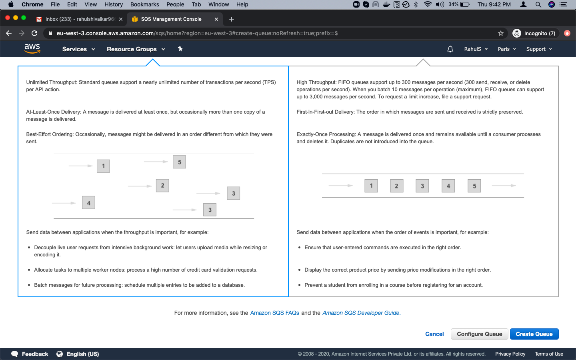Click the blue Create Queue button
(x=534, y=334)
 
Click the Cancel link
(x=434, y=334)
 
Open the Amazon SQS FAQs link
(x=274, y=313)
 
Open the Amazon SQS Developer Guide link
(x=361, y=313)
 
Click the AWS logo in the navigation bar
(x=32, y=49)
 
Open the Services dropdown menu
(x=78, y=49)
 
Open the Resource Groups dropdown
(x=136, y=49)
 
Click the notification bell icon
(x=450, y=49)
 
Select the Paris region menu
(x=507, y=49)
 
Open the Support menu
(x=539, y=49)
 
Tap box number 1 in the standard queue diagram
(x=103, y=166)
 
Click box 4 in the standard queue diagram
(x=88, y=203)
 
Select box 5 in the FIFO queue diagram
(x=474, y=186)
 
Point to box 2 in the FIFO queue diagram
(x=396, y=186)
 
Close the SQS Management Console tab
(x=216, y=19)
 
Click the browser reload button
(x=34, y=33)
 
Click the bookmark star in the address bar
(x=500, y=33)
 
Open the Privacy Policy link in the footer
(x=510, y=354)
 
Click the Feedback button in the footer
(x=30, y=354)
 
